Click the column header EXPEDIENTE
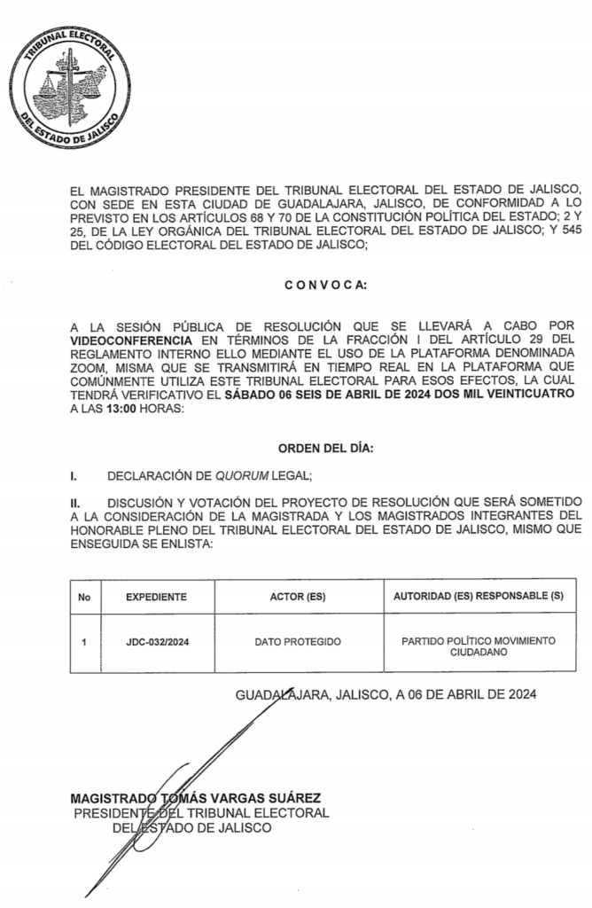tap(156, 597)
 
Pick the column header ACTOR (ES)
tap(297, 597)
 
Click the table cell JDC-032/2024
tap(156, 641)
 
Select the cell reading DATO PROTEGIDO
tap(297, 641)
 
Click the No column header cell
tap(84, 597)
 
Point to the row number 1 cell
tap(84, 641)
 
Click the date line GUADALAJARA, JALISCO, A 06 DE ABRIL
tap(385, 695)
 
